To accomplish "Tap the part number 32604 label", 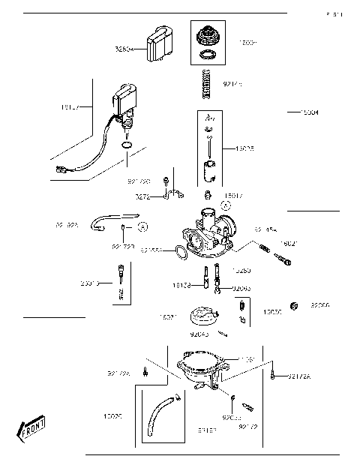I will click(x=124, y=49).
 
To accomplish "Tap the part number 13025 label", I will click(x=245, y=149).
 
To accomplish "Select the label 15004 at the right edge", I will click(x=308, y=112).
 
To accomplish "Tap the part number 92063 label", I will click(x=242, y=287).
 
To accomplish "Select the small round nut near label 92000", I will click(x=295, y=306).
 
